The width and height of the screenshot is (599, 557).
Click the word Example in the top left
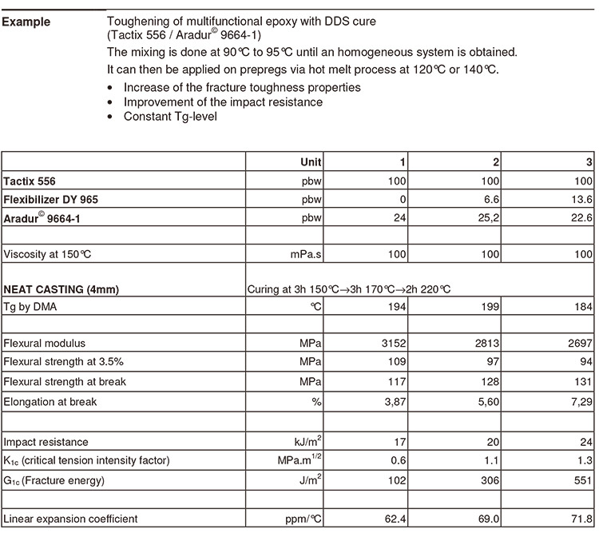click(26, 22)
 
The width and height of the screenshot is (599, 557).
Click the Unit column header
click(311, 161)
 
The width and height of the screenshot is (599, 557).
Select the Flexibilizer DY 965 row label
click(50, 200)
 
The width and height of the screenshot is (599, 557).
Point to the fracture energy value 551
click(583, 480)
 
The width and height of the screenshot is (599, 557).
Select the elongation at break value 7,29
click(580, 402)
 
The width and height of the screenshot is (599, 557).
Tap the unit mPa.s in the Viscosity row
click(305, 255)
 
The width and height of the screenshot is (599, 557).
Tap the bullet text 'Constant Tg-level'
click(169, 117)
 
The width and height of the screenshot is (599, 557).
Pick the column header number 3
click(589, 161)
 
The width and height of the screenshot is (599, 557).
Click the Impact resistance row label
click(46, 442)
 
